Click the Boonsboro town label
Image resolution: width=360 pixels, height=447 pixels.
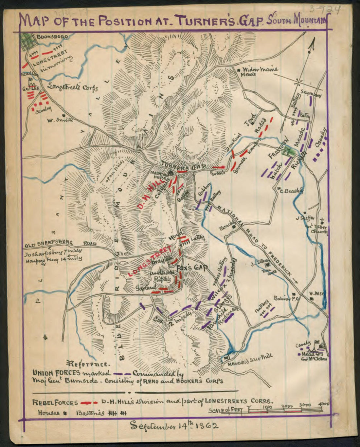(x=52, y=37)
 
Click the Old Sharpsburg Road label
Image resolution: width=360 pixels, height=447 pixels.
(x=61, y=244)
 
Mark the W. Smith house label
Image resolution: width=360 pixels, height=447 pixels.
(x=60, y=120)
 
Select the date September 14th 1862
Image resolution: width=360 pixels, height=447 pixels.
(x=174, y=425)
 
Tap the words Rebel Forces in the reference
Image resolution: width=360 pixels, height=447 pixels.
(x=55, y=403)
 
